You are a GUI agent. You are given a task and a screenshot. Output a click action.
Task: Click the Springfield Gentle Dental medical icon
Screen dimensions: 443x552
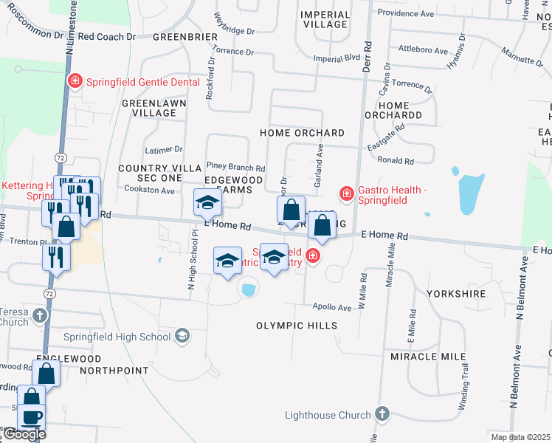(75, 81)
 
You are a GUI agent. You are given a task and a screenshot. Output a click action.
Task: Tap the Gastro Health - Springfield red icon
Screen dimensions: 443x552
(345, 194)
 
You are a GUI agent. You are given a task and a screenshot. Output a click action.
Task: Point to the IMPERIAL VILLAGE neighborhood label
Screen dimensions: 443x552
(325, 19)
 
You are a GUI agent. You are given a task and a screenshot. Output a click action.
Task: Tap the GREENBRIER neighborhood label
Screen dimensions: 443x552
(185, 36)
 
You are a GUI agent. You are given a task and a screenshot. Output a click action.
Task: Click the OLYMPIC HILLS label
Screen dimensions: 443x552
(297, 326)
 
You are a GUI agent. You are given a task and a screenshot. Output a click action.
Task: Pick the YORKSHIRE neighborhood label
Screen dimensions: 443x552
(456, 294)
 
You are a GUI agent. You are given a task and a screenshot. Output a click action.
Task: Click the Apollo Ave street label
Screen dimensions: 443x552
(332, 307)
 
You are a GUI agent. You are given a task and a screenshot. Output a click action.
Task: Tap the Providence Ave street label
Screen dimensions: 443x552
(406, 14)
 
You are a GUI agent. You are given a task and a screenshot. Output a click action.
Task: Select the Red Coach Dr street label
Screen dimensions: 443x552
(107, 35)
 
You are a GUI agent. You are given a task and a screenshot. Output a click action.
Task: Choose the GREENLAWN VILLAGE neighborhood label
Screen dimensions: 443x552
(153, 108)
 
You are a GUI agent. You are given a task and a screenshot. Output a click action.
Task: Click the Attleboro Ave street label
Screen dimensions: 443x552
(423, 51)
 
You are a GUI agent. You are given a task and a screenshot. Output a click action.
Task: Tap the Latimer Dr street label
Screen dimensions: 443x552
(164, 149)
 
